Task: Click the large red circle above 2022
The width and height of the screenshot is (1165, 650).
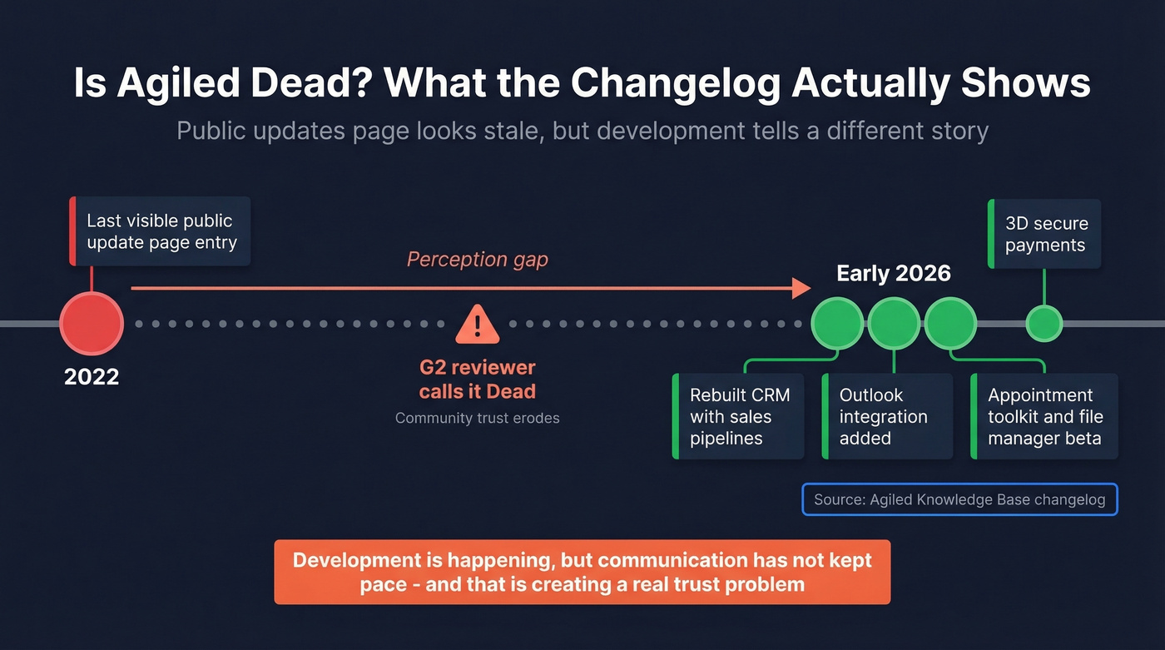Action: point(92,324)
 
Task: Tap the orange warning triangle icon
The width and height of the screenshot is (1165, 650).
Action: point(477,324)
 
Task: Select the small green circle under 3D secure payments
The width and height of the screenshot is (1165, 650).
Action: point(1044,324)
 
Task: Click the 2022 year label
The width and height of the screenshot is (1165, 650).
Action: point(92,377)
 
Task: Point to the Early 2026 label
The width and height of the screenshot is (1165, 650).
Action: point(894,274)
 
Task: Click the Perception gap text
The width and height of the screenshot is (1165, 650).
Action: point(477,260)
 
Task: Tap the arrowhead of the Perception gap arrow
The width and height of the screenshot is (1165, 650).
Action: point(801,288)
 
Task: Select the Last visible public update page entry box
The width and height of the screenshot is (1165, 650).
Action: point(161,231)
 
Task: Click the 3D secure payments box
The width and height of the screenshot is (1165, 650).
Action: point(1045,234)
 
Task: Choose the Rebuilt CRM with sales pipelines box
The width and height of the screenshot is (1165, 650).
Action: point(739,416)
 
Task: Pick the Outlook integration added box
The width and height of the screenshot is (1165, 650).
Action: point(887,416)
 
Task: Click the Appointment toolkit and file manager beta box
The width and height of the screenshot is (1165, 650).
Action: point(1044,416)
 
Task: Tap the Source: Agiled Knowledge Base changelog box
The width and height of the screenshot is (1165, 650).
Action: point(959,499)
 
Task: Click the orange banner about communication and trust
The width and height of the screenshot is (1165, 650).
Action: point(582,572)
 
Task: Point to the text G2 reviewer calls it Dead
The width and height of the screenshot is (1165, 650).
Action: point(477,379)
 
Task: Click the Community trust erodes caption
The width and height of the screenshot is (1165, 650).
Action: point(477,418)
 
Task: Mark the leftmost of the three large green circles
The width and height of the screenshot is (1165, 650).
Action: point(837,324)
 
